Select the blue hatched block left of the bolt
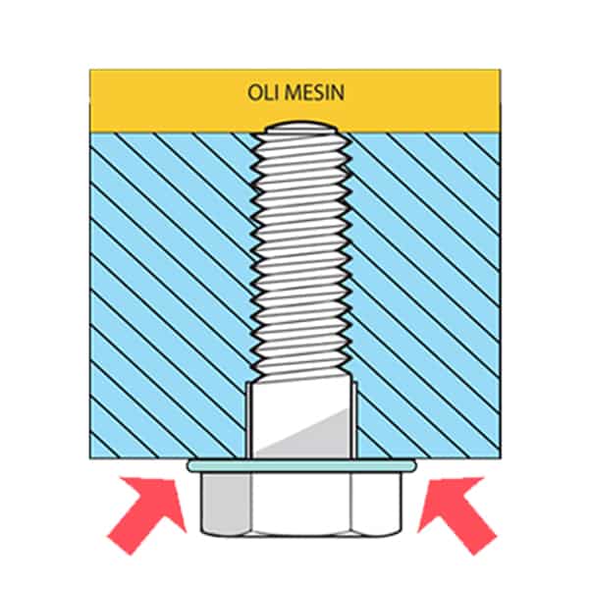click(x=167, y=294)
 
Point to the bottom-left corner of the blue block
click(x=90, y=457)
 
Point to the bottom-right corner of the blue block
click(x=500, y=457)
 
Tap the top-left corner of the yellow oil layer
click(x=90, y=71)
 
